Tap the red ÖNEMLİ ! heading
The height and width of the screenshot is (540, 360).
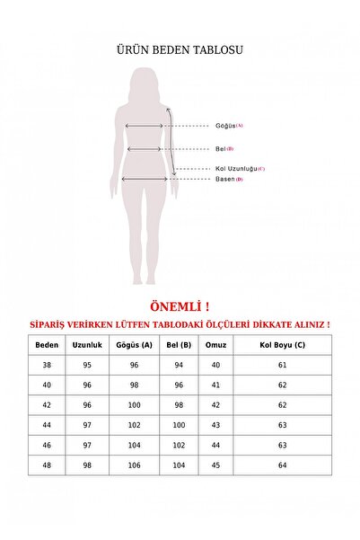pyautogui.click(x=180, y=305)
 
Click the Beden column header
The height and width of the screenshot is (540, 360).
pyautogui.click(x=46, y=345)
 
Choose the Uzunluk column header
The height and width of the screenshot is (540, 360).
pyautogui.click(x=87, y=345)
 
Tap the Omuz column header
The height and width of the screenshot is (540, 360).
pyautogui.click(x=215, y=345)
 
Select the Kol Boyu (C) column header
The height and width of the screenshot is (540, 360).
pyautogui.click(x=283, y=345)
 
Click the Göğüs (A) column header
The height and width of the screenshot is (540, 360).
pyautogui.click(x=132, y=345)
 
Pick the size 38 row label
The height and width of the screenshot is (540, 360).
pyautogui.click(x=46, y=366)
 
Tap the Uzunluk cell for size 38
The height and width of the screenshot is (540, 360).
pyautogui.click(x=87, y=366)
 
